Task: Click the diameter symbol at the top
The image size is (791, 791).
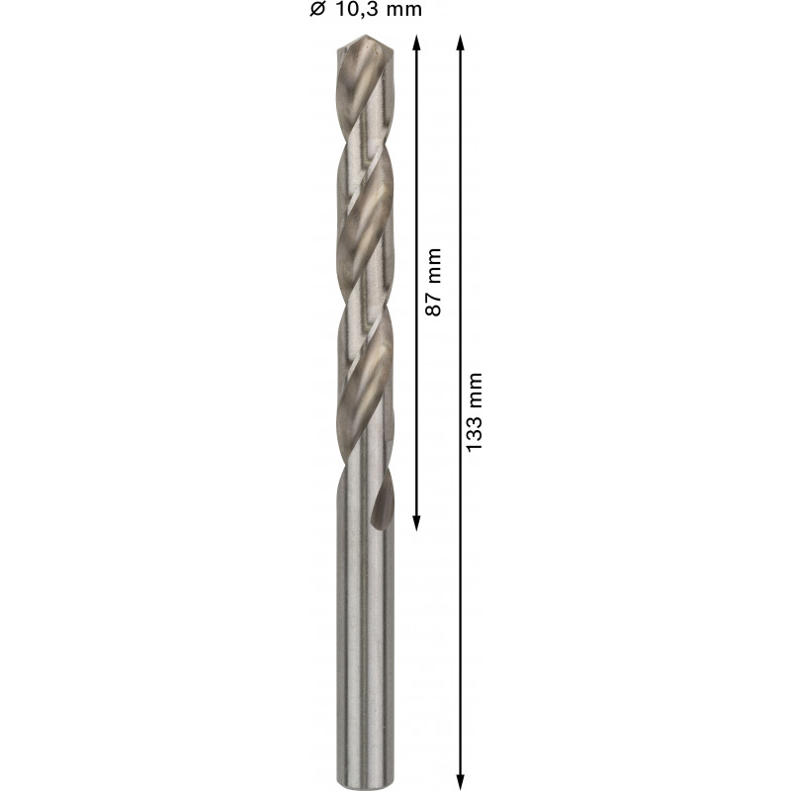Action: click(x=317, y=9)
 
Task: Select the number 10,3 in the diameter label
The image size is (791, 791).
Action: click(x=355, y=10)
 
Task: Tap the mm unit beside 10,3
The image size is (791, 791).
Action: click(x=402, y=11)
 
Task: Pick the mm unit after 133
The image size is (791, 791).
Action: click(x=475, y=391)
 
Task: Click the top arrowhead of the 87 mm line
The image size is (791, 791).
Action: click(x=416, y=43)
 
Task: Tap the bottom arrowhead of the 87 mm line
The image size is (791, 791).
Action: click(x=416, y=523)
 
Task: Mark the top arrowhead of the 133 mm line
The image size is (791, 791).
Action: click(x=460, y=43)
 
